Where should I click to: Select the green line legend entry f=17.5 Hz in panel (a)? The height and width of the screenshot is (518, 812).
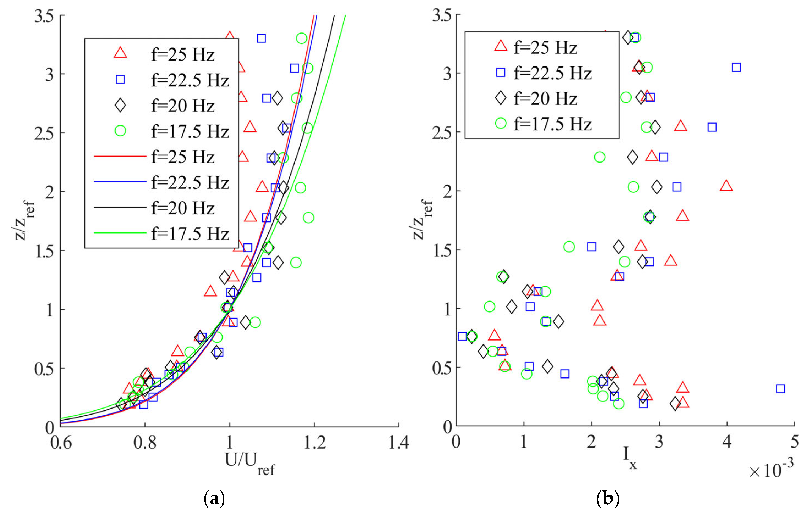(x=120, y=233)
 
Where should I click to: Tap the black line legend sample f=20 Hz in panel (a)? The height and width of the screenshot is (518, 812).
(x=120, y=207)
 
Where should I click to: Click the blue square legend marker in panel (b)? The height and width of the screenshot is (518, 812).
(x=501, y=73)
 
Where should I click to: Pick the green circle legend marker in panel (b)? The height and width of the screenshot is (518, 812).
(x=501, y=124)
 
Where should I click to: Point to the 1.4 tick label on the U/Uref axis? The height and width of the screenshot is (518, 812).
(x=399, y=442)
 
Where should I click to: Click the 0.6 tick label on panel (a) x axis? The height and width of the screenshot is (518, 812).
(x=61, y=442)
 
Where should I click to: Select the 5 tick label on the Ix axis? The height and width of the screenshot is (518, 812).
(x=794, y=442)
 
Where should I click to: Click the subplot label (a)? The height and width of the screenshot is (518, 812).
(x=215, y=498)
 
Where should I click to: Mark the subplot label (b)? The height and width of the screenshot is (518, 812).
(x=608, y=498)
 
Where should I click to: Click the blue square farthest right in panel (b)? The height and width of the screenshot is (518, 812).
(x=780, y=388)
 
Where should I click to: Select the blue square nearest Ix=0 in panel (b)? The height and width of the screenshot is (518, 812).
(x=462, y=336)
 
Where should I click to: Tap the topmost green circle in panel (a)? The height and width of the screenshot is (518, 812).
(x=301, y=39)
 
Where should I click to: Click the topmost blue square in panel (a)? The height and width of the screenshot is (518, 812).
(x=261, y=39)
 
